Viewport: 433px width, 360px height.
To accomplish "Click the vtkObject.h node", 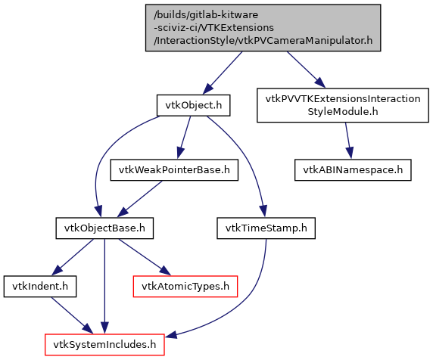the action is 193,105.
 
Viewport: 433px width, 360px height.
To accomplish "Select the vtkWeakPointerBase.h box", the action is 174,170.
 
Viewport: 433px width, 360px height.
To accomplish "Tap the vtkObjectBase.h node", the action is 104,228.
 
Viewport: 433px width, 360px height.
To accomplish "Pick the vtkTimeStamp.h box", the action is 266,228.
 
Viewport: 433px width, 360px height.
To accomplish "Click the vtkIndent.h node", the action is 40,287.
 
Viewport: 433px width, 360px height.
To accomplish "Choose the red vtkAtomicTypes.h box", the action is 185,287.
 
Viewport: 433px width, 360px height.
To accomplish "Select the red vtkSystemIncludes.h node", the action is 104,345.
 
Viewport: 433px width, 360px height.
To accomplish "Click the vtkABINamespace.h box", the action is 353,170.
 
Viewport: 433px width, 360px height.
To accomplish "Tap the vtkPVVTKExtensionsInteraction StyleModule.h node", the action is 343,105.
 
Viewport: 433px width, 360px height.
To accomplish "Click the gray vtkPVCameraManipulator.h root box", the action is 263,27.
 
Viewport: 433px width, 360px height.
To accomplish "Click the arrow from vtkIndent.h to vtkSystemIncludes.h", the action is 72,315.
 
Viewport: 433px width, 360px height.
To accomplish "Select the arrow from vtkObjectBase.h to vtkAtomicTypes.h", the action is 145,257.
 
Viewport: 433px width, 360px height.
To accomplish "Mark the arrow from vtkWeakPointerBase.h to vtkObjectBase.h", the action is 140,199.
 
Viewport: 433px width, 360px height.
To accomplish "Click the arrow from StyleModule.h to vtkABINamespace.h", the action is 348,141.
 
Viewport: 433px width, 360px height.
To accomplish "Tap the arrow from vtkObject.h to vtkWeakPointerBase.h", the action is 184,138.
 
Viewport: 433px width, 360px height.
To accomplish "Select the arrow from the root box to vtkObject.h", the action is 223,73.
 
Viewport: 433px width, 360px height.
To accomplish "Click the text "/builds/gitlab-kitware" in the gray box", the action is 206,14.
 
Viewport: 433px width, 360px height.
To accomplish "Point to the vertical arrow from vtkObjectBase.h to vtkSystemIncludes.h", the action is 104,287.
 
